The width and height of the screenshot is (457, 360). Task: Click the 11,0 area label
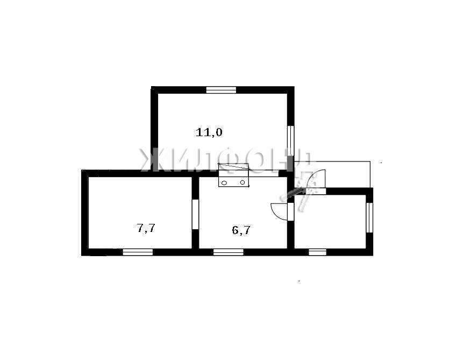tap(209, 132)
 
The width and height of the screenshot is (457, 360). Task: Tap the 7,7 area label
tap(146, 228)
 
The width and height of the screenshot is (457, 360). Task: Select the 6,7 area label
tap(241, 230)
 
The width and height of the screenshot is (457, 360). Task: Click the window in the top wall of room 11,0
tap(221, 90)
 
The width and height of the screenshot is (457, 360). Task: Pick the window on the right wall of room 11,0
tap(290, 141)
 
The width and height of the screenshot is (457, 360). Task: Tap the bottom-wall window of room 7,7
tap(138, 252)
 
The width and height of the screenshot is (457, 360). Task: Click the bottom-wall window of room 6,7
tap(228, 252)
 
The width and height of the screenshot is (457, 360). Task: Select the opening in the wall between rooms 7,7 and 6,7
tap(196, 214)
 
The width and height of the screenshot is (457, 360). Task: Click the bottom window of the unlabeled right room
tap(317, 252)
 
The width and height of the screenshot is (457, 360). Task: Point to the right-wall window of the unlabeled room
tap(369, 217)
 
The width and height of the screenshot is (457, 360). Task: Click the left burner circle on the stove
tap(224, 183)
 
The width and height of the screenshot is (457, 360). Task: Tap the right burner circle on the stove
tap(242, 182)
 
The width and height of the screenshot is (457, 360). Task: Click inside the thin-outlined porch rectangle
tap(347, 174)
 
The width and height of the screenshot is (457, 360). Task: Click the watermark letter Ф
tap(230, 160)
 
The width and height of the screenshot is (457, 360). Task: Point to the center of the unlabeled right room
tap(330, 222)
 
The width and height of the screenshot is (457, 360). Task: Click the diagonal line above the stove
tap(234, 167)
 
